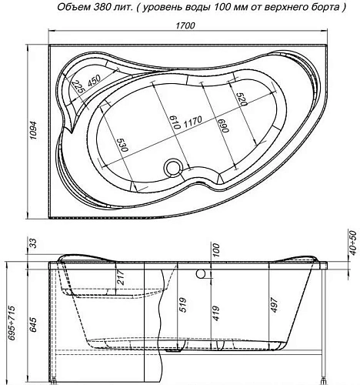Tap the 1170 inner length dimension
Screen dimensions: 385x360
tap(192, 121)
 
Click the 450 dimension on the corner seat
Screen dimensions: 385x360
tap(92, 83)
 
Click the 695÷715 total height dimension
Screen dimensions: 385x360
tap(9, 317)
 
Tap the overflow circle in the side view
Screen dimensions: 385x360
tap(202, 272)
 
